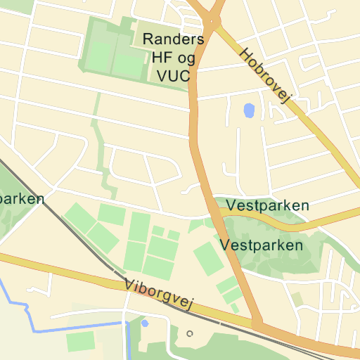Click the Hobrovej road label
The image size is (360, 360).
pyautogui.click(x=265, y=76)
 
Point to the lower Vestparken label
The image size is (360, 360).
pyautogui.click(x=262, y=246)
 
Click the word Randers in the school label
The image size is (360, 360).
pyautogui.click(x=174, y=39)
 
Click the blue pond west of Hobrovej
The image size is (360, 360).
pyautogui.click(x=248, y=111)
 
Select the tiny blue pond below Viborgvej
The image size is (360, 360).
pyautogui.click(x=145, y=323)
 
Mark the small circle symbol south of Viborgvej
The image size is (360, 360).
pyautogui.click(x=189, y=333)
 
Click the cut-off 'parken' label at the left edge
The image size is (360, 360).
pyautogui.click(x=21, y=198)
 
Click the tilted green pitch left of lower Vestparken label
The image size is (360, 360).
pyautogui.click(x=208, y=259)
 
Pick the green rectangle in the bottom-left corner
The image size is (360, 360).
pyautogui.click(x=80, y=342)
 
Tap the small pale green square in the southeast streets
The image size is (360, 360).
pyautogui.click(x=298, y=299)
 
